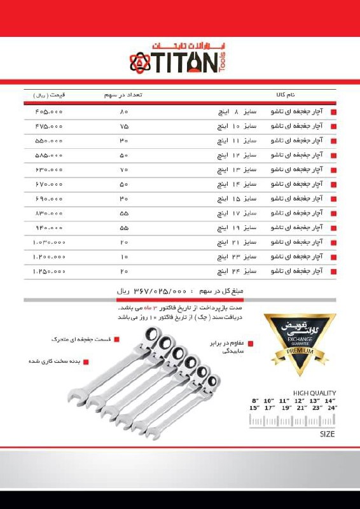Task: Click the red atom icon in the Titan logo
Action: pyautogui.click(x=141, y=63)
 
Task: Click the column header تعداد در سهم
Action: pyautogui.click(x=123, y=94)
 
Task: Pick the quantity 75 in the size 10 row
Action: pyautogui.click(x=124, y=127)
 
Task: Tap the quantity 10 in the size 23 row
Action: pyautogui.click(x=124, y=256)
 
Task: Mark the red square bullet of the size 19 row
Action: pyautogui.click(x=335, y=228)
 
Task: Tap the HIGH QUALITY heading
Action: pyautogui.click(x=314, y=393)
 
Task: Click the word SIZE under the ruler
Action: pyautogui.click(x=327, y=434)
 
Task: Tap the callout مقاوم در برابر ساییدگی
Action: pyautogui.click(x=226, y=346)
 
